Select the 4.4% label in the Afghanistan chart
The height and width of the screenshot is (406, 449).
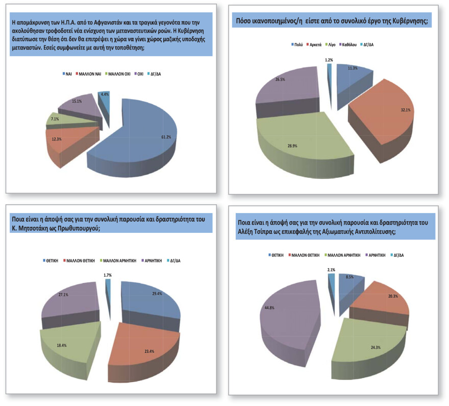click(103, 94)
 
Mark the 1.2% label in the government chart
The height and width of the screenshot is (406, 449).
click(329, 60)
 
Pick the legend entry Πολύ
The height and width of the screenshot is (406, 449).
click(297, 45)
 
